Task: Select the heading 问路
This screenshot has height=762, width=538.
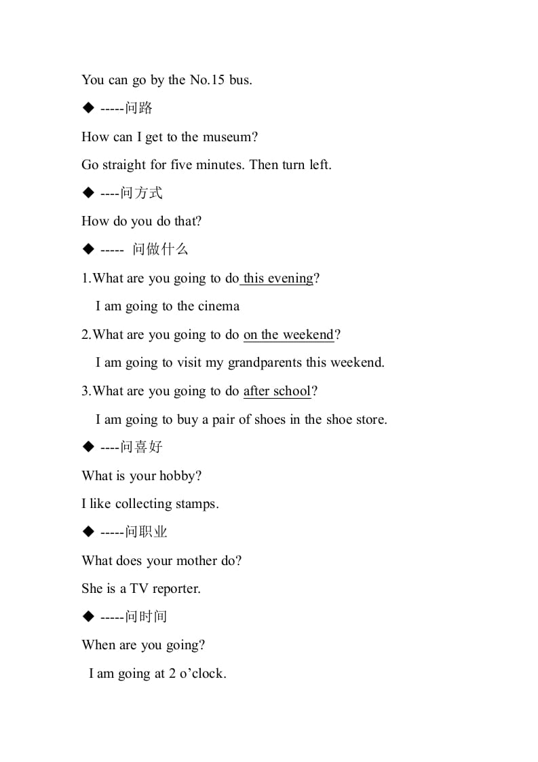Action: click(139, 108)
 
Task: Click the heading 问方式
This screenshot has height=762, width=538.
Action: click(141, 193)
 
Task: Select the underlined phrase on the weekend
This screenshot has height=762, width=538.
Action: click(288, 334)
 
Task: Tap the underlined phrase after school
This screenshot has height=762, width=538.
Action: click(277, 391)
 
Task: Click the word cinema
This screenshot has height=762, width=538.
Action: click(218, 306)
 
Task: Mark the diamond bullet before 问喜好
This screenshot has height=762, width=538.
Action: click(88, 447)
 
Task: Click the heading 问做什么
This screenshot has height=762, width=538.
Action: click(160, 249)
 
